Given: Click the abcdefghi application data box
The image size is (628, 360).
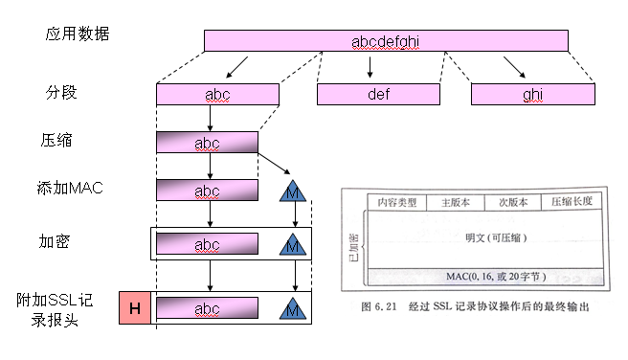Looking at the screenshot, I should coord(386,40).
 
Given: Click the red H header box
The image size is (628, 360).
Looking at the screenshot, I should coord(134,307).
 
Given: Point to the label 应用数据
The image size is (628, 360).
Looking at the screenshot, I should coord(77,34).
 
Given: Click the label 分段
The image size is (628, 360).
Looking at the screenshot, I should coord(60,94).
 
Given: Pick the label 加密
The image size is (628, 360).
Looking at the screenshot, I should coord(56,243).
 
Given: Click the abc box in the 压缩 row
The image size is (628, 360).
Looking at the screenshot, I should coord(207,143).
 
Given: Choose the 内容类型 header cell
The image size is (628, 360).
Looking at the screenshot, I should coord(396,202).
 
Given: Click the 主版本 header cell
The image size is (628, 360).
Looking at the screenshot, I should coord(455,202).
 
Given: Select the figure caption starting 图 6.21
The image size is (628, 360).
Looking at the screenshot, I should coord(475,306).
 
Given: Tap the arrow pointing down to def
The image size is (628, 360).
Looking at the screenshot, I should coord(370,68).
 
